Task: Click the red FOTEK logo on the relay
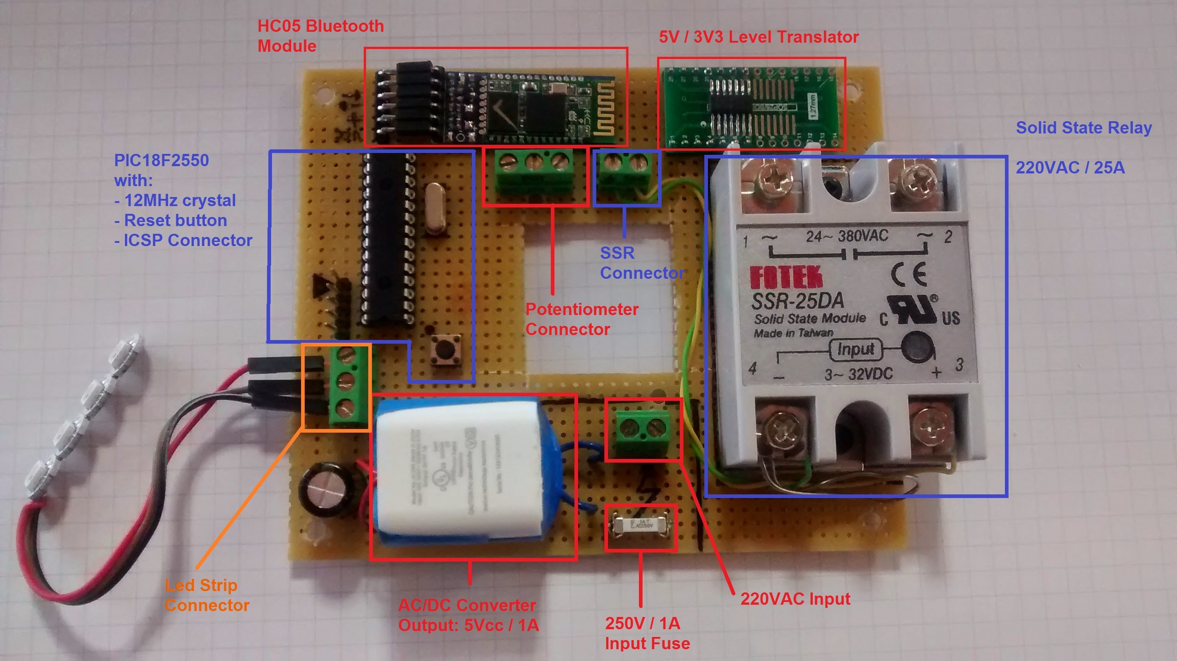pos(786,277)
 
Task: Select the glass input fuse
pos(640,525)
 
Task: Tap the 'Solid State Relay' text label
pos(1083,128)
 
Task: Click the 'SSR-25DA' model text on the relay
pos(798,301)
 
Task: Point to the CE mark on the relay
pos(909,275)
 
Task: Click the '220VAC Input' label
pos(795,598)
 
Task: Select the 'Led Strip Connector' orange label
pos(207,595)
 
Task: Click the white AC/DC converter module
pos(461,468)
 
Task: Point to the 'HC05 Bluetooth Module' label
pos(320,35)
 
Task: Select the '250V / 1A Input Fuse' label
pos(647,633)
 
